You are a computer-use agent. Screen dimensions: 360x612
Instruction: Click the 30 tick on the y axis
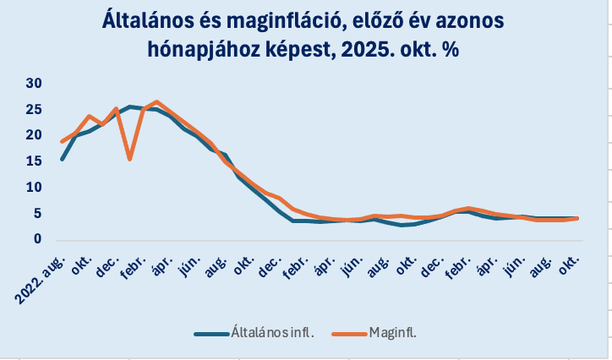pos(34,83)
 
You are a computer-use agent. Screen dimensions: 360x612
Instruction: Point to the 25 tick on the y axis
pos(34,109)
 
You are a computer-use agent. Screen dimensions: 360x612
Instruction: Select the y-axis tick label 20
pos(34,135)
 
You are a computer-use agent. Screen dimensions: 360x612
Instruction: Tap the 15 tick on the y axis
pos(34,161)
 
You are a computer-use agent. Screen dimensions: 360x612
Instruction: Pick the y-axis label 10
pos(34,188)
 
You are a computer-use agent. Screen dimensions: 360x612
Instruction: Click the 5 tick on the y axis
pos(37,214)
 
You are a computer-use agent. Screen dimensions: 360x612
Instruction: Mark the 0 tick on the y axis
pos(37,239)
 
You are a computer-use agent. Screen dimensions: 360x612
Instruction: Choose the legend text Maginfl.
pos(393,333)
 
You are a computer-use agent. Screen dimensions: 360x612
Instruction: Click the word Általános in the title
pos(152,19)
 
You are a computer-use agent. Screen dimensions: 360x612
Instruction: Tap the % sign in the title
pos(451,50)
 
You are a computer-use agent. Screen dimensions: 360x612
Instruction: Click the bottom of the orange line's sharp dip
pos(129,158)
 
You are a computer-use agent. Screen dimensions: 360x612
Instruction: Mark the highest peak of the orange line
pos(156,102)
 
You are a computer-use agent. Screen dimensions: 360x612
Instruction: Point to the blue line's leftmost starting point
pos(63,159)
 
